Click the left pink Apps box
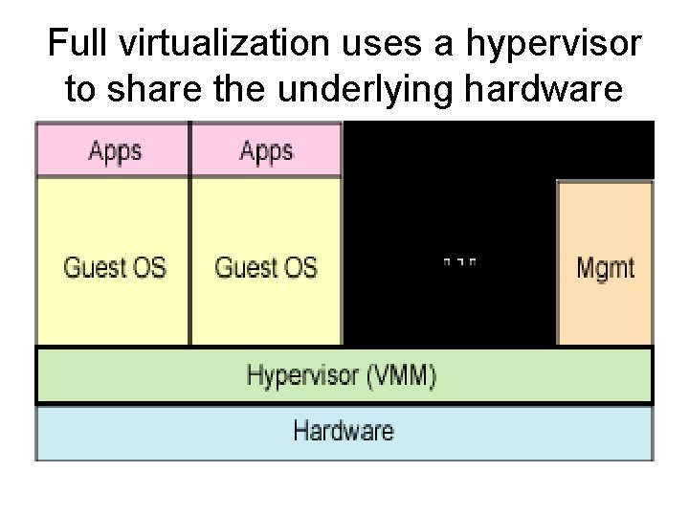(x=114, y=151)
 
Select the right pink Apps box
(x=266, y=151)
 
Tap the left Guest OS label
(x=114, y=266)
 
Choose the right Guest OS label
(x=266, y=266)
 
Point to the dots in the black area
(x=459, y=260)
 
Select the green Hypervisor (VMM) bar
(x=344, y=375)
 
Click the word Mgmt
(x=605, y=266)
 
